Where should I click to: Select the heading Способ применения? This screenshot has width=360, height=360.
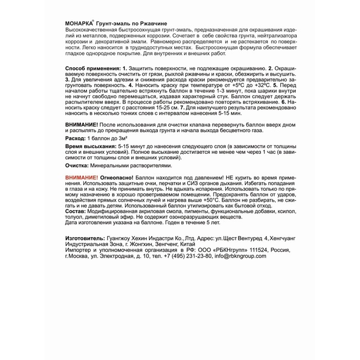pyautogui.click(x=93, y=68)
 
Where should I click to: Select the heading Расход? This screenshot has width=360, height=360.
pyautogui.click(x=75, y=139)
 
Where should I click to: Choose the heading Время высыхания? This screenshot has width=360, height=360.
pyautogui.click(x=91, y=147)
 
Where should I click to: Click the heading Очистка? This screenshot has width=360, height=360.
pyautogui.click(x=77, y=166)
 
